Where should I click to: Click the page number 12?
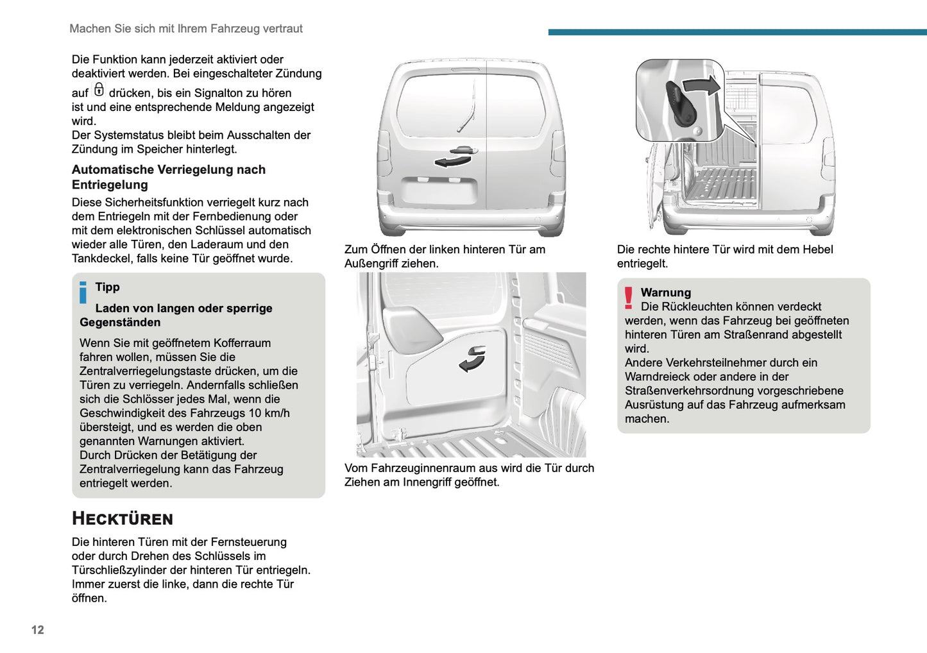[38, 629]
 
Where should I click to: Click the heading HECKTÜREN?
[123, 518]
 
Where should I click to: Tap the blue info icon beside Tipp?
[83, 293]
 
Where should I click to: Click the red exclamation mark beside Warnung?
[629, 298]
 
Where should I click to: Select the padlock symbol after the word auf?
[99, 90]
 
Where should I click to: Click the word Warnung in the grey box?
[665, 293]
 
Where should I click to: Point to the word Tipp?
[107, 287]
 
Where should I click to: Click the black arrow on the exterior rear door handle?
[452, 160]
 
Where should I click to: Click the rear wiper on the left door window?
[466, 115]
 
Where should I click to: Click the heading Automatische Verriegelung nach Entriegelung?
[168, 177]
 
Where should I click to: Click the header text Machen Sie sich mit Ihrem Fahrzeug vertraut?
[186, 28]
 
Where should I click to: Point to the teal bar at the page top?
[737, 31]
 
